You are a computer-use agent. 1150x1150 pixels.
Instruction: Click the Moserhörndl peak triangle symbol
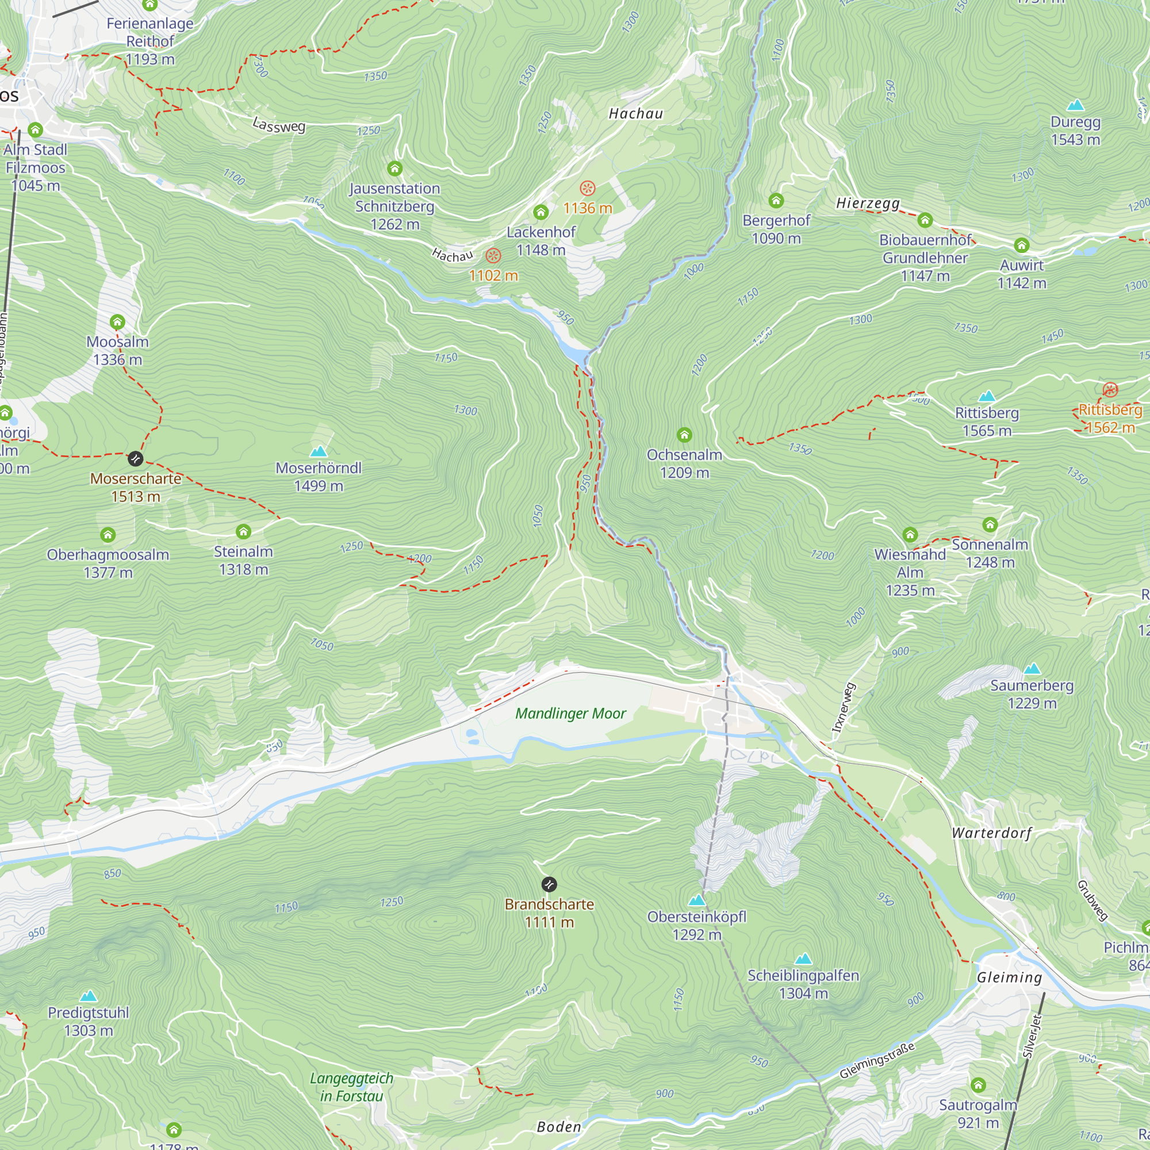pos(319,451)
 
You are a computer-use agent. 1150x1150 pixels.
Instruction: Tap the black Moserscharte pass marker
pos(136,459)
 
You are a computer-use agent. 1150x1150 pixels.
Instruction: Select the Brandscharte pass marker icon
pos(549,884)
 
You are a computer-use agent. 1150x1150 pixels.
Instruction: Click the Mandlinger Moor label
pos(570,713)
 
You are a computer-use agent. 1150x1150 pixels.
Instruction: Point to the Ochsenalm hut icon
pos(684,435)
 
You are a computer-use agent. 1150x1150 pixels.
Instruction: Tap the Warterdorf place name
pos(992,833)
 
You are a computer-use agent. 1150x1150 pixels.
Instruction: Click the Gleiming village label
pos(1010,977)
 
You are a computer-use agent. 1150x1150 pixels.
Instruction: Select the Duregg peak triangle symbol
pos(1075,106)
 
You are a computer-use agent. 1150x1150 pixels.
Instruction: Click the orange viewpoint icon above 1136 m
pos(588,189)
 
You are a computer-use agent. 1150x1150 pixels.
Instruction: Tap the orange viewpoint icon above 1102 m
pos(493,256)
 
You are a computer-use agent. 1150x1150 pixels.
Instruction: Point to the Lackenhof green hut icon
pos(540,213)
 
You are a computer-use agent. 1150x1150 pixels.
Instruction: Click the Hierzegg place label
pos(868,203)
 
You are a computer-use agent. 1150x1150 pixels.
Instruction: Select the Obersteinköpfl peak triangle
pos(696,899)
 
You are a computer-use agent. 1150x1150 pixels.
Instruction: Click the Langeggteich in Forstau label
pos(351,1087)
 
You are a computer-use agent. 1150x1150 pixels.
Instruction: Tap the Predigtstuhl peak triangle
pos(89,996)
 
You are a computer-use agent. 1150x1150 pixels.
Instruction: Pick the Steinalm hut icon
pos(243,531)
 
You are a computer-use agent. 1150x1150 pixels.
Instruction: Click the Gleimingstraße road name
pos(876,1061)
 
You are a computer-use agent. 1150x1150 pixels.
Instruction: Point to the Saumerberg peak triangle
pos(1032,669)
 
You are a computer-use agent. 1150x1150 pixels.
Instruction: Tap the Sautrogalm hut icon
pos(978,1085)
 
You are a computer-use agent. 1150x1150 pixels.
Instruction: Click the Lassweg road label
pos(278,125)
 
